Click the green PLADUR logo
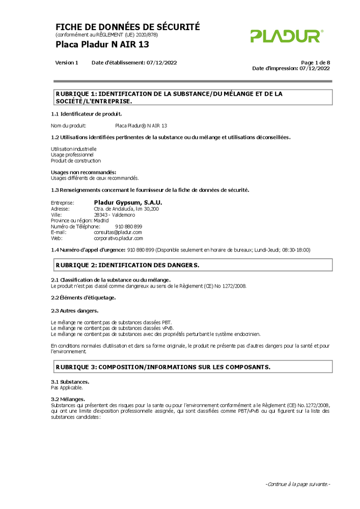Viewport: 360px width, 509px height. click(x=287, y=36)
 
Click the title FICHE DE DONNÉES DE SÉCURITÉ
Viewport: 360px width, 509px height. click(x=127, y=27)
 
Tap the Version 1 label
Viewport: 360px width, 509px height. click(x=67, y=63)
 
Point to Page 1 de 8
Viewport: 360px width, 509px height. click(x=315, y=63)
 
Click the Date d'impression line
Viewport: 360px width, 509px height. click(x=291, y=68)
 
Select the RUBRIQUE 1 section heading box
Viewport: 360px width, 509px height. click(x=192, y=97)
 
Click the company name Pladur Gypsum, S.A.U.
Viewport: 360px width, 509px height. click(x=128, y=203)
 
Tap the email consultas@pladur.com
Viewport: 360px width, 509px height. click(x=118, y=232)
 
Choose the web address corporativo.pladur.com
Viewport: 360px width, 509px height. click(x=118, y=238)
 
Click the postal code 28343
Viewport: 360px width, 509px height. click(x=101, y=215)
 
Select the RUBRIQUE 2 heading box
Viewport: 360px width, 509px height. click(x=192, y=265)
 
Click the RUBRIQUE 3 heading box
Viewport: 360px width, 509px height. click(x=192, y=366)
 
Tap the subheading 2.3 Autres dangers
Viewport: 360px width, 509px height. click(x=74, y=310)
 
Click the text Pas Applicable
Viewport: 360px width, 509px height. click(x=63, y=388)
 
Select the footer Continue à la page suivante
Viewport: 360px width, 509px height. click(x=298, y=484)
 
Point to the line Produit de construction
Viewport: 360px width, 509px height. click(x=76, y=161)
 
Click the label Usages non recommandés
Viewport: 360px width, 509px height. click(x=84, y=172)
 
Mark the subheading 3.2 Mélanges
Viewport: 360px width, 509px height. click(x=68, y=399)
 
